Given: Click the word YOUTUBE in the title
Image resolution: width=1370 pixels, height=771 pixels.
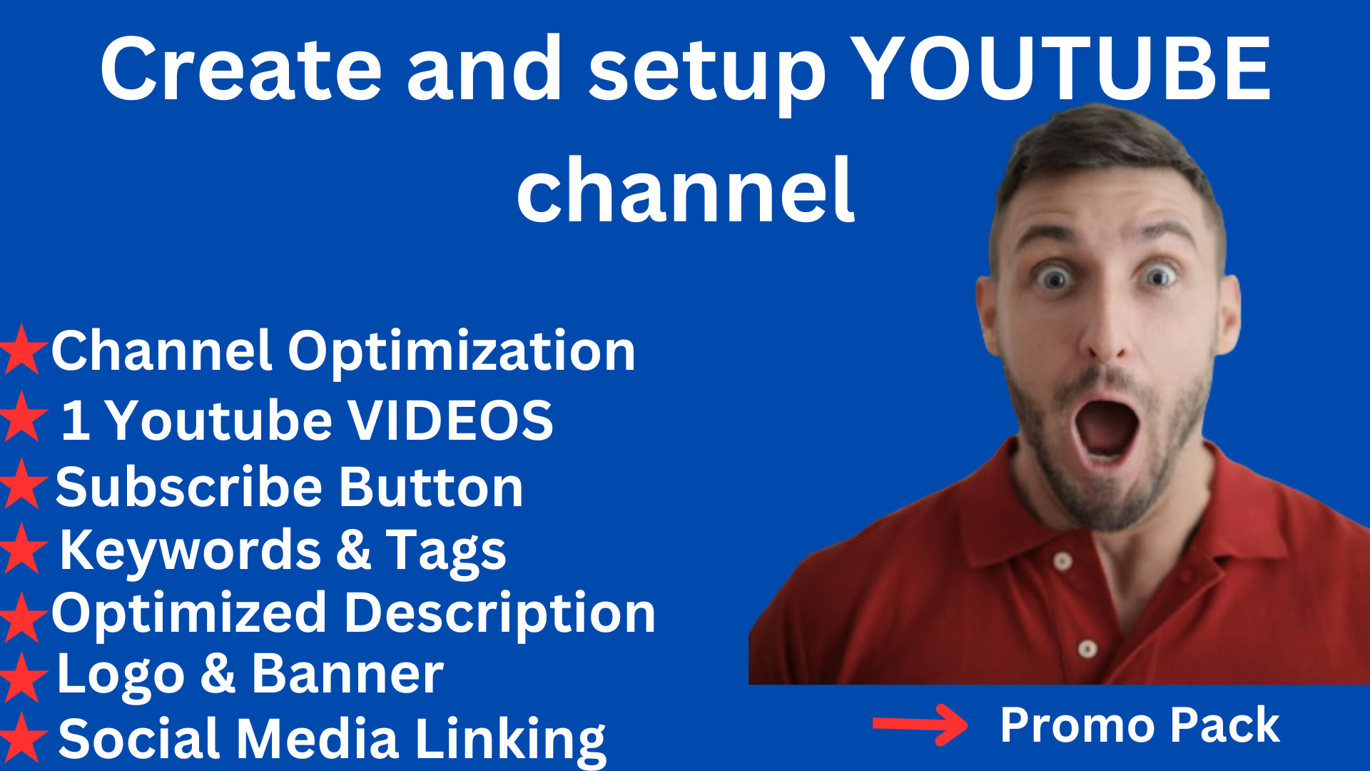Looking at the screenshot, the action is pyautogui.click(x=1060, y=69).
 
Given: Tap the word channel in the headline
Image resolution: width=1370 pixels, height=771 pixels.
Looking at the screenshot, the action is pyautogui.click(x=686, y=190).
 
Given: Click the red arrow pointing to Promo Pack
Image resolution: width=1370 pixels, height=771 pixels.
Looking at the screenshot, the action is pyautogui.click(x=920, y=725).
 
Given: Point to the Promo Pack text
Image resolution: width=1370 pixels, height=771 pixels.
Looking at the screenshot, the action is pyautogui.click(x=1140, y=725).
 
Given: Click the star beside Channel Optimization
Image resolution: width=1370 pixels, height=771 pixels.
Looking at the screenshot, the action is pyautogui.click(x=23, y=350).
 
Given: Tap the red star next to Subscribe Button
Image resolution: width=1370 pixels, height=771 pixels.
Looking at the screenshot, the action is pyautogui.click(x=23, y=484).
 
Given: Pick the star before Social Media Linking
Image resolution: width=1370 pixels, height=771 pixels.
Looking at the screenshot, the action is pyautogui.click(x=23, y=738).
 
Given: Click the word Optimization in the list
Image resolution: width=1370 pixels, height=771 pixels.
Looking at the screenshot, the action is pyautogui.click(x=461, y=351).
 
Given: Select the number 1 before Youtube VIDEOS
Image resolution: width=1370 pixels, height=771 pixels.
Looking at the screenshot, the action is pyautogui.click(x=76, y=420).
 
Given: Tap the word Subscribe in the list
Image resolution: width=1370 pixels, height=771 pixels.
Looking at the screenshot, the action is pyautogui.click(x=189, y=487).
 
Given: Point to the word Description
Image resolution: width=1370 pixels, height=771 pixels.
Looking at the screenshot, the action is pyautogui.click(x=499, y=614).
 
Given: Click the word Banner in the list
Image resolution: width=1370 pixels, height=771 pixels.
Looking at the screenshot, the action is pyautogui.click(x=347, y=674).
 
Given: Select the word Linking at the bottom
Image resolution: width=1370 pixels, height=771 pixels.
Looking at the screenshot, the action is pyautogui.click(x=510, y=740).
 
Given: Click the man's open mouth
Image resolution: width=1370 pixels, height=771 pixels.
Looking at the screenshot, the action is pyautogui.click(x=1105, y=429).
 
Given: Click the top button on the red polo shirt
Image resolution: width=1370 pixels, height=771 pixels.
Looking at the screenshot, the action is pyautogui.click(x=1062, y=561).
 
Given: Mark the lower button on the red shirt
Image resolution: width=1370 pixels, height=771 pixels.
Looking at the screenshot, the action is pyautogui.click(x=1087, y=649).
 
